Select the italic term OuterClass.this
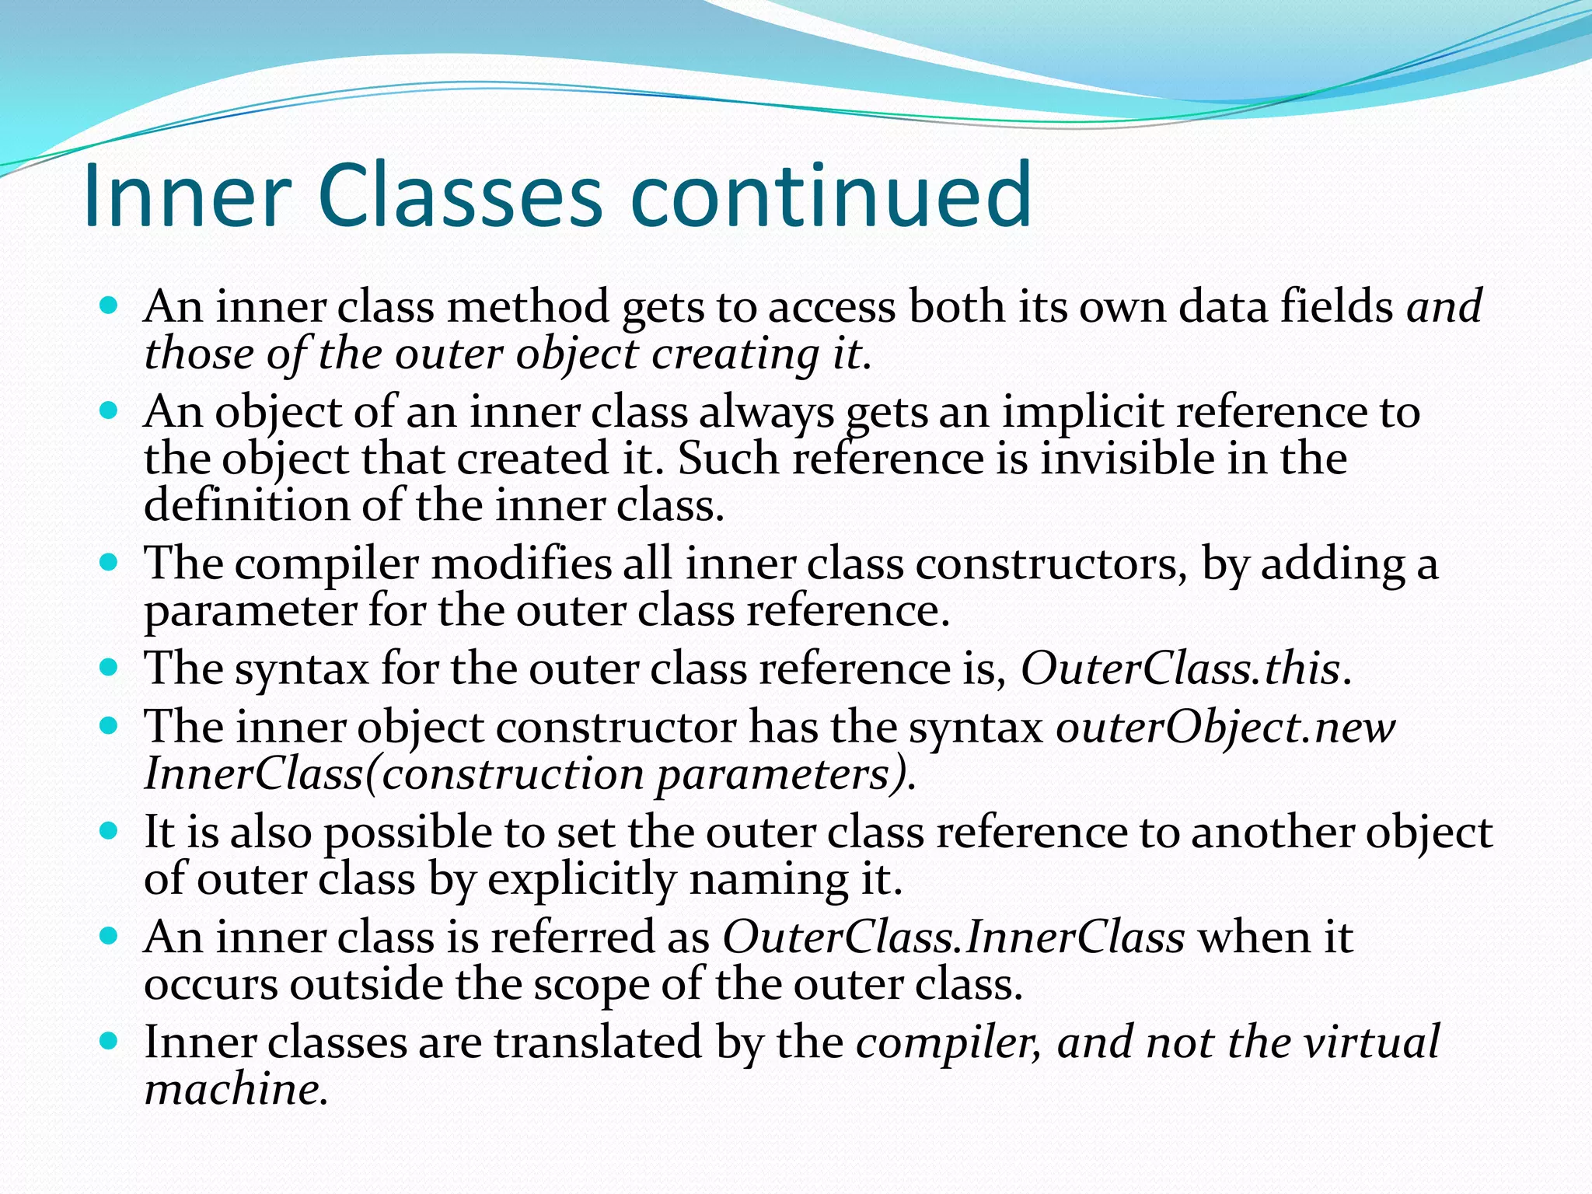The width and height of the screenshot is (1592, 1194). click(1180, 668)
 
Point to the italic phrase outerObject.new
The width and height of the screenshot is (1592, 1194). click(1225, 728)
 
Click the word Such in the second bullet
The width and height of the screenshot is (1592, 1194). click(728, 458)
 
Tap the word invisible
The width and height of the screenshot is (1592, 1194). click(1128, 458)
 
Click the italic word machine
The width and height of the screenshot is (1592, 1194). click(232, 1088)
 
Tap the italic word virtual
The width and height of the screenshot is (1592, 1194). click(1372, 1042)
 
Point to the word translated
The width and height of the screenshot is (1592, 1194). click(598, 1042)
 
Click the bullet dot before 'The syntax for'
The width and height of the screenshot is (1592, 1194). click(110, 667)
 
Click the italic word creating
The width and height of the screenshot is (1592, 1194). click(735, 354)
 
